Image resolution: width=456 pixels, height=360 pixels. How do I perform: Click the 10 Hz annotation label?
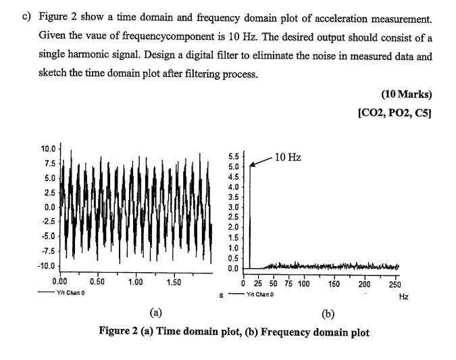point(289,157)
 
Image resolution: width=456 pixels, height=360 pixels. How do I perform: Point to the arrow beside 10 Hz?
point(261,161)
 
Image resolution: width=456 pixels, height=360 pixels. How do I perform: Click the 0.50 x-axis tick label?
point(97,282)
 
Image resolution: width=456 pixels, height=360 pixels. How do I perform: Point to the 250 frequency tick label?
point(396,284)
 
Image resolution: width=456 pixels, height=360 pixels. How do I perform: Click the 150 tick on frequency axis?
point(333,284)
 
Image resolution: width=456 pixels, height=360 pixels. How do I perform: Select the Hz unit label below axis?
point(404,296)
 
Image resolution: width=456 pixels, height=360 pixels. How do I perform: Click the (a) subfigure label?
point(157,313)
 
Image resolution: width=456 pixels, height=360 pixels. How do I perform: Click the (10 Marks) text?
point(406,93)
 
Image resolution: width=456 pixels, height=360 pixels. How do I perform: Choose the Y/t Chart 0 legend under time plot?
point(69,292)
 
